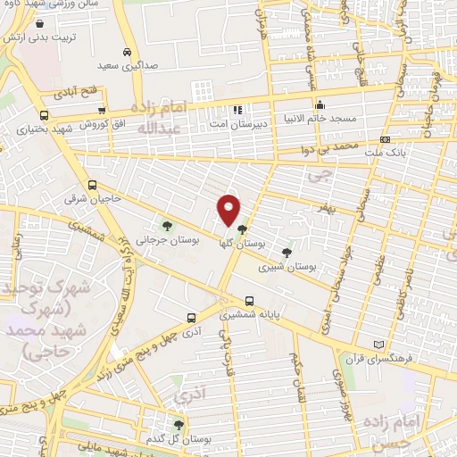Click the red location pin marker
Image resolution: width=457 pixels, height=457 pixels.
[x=229, y=209]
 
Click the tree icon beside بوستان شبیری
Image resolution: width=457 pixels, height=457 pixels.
[x=286, y=253]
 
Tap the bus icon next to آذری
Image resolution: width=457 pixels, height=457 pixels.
[x=191, y=317]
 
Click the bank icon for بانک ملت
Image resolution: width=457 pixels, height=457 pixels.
[x=384, y=139]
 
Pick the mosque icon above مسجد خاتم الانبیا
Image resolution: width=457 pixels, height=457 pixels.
[x=319, y=104]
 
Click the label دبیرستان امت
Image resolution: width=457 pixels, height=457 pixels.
[x=237, y=124]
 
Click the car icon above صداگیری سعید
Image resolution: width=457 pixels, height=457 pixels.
[x=129, y=52]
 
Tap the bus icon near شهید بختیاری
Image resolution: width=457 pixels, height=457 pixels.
[x=45, y=115]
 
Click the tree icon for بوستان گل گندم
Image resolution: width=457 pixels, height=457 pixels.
[x=179, y=426]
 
